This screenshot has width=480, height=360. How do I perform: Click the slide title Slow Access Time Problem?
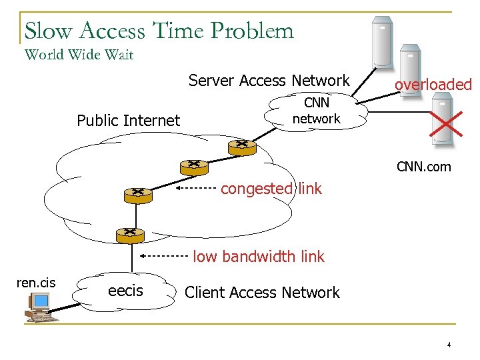point(159,31)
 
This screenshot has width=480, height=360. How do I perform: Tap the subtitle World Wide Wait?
point(79,55)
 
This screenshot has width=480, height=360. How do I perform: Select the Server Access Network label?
point(269,81)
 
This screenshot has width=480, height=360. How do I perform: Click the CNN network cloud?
point(317,111)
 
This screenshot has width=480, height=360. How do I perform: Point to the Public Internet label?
point(128,121)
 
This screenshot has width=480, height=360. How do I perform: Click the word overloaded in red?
point(433,85)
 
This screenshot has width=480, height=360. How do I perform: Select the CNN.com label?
point(424,167)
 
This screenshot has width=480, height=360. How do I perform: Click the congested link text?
point(271,189)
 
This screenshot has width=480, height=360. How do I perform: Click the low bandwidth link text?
point(259,256)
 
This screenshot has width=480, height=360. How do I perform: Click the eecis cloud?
point(125,291)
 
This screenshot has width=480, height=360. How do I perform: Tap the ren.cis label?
point(35,283)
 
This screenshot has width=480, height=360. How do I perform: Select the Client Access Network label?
point(262,293)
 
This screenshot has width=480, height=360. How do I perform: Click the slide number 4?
point(449,345)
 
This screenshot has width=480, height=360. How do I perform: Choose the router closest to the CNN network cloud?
point(237,145)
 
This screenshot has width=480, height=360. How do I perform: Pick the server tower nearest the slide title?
point(381,40)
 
